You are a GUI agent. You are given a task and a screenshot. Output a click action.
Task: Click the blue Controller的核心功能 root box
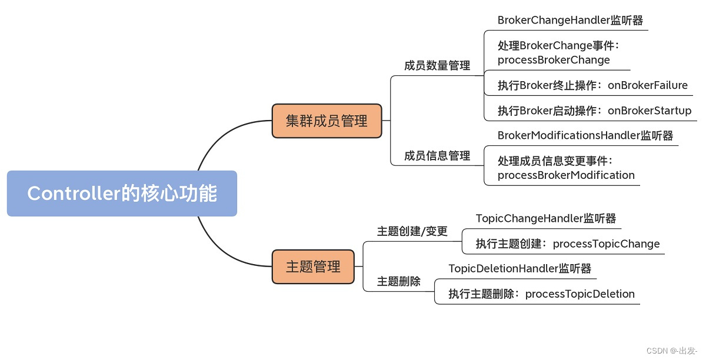tap(122, 194)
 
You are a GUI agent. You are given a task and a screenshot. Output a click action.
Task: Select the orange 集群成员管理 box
tap(327, 121)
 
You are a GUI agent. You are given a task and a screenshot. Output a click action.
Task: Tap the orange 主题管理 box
tap(313, 266)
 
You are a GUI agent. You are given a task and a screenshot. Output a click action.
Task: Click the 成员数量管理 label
tap(437, 66)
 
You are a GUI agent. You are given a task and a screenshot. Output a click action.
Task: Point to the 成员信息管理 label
tap(437, 156)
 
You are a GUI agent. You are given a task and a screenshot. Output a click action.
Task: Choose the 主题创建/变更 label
tap(412, 232)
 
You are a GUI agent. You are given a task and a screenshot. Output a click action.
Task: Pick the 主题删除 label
tap(398, 282)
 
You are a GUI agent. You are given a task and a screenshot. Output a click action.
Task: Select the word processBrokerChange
tap(554, 60)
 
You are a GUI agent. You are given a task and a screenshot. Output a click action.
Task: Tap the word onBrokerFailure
tap(647, 85)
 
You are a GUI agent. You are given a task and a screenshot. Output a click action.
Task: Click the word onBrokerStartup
tap(650, 111)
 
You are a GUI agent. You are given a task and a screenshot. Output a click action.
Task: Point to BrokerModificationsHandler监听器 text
tap(585, 135)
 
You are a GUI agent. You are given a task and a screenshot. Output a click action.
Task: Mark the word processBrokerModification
tap(566, 175)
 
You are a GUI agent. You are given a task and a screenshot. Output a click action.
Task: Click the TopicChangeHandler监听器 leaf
tap(545, 219)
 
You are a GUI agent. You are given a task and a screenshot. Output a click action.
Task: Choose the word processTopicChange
tap(606, 244)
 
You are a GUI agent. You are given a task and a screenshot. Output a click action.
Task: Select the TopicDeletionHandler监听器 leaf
tap(519, 269)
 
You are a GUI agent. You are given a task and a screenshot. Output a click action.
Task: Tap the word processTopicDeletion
tap(580, 294)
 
